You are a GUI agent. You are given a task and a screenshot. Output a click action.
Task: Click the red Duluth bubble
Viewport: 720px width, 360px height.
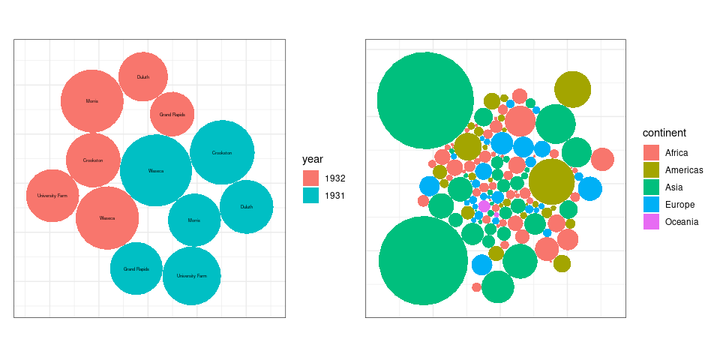[x=142, y=76]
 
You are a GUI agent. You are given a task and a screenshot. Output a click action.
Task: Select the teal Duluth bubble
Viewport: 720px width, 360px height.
[x=246, y=207]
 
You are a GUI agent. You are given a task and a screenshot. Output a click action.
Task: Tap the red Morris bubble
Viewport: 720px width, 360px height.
[x=91, y=100]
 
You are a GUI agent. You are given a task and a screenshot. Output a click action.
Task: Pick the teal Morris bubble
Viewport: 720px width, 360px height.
[x=193, y=220]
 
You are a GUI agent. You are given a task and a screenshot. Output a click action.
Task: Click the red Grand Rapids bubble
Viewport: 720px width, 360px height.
[x=172, y=115]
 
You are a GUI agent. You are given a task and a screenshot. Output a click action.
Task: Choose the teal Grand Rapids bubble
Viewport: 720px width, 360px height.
[x=136, y=268]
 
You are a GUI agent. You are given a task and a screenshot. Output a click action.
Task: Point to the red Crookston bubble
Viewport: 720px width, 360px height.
[x=93, y=160]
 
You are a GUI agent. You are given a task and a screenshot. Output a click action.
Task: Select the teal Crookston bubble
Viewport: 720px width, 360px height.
[x=222, y=152]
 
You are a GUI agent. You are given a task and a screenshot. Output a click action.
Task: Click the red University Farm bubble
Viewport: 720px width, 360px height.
[x=52, y=196]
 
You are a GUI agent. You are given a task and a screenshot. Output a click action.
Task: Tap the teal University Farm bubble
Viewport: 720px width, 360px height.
[x=191, y=276]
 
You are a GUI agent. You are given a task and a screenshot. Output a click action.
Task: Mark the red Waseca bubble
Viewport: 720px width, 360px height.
[x=107, y=218]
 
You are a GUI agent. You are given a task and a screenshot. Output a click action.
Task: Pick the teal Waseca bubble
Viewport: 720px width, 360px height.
[x=156, y=170]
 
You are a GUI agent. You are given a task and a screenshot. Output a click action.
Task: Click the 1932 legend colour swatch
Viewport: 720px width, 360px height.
[x=311, y=178]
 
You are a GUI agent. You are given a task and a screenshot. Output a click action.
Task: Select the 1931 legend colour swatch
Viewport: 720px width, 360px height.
[x=311, y=196]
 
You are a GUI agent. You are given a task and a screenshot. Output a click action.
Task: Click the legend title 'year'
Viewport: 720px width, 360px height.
[x=313, y=159]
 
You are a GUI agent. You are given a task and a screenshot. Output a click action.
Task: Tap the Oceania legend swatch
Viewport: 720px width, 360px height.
[x=651, y=222]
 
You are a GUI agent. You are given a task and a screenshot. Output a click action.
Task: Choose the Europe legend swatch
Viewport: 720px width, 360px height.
[x=651, y=205]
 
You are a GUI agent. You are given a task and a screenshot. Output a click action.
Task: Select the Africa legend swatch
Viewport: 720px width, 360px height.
[x=651, y=152]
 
